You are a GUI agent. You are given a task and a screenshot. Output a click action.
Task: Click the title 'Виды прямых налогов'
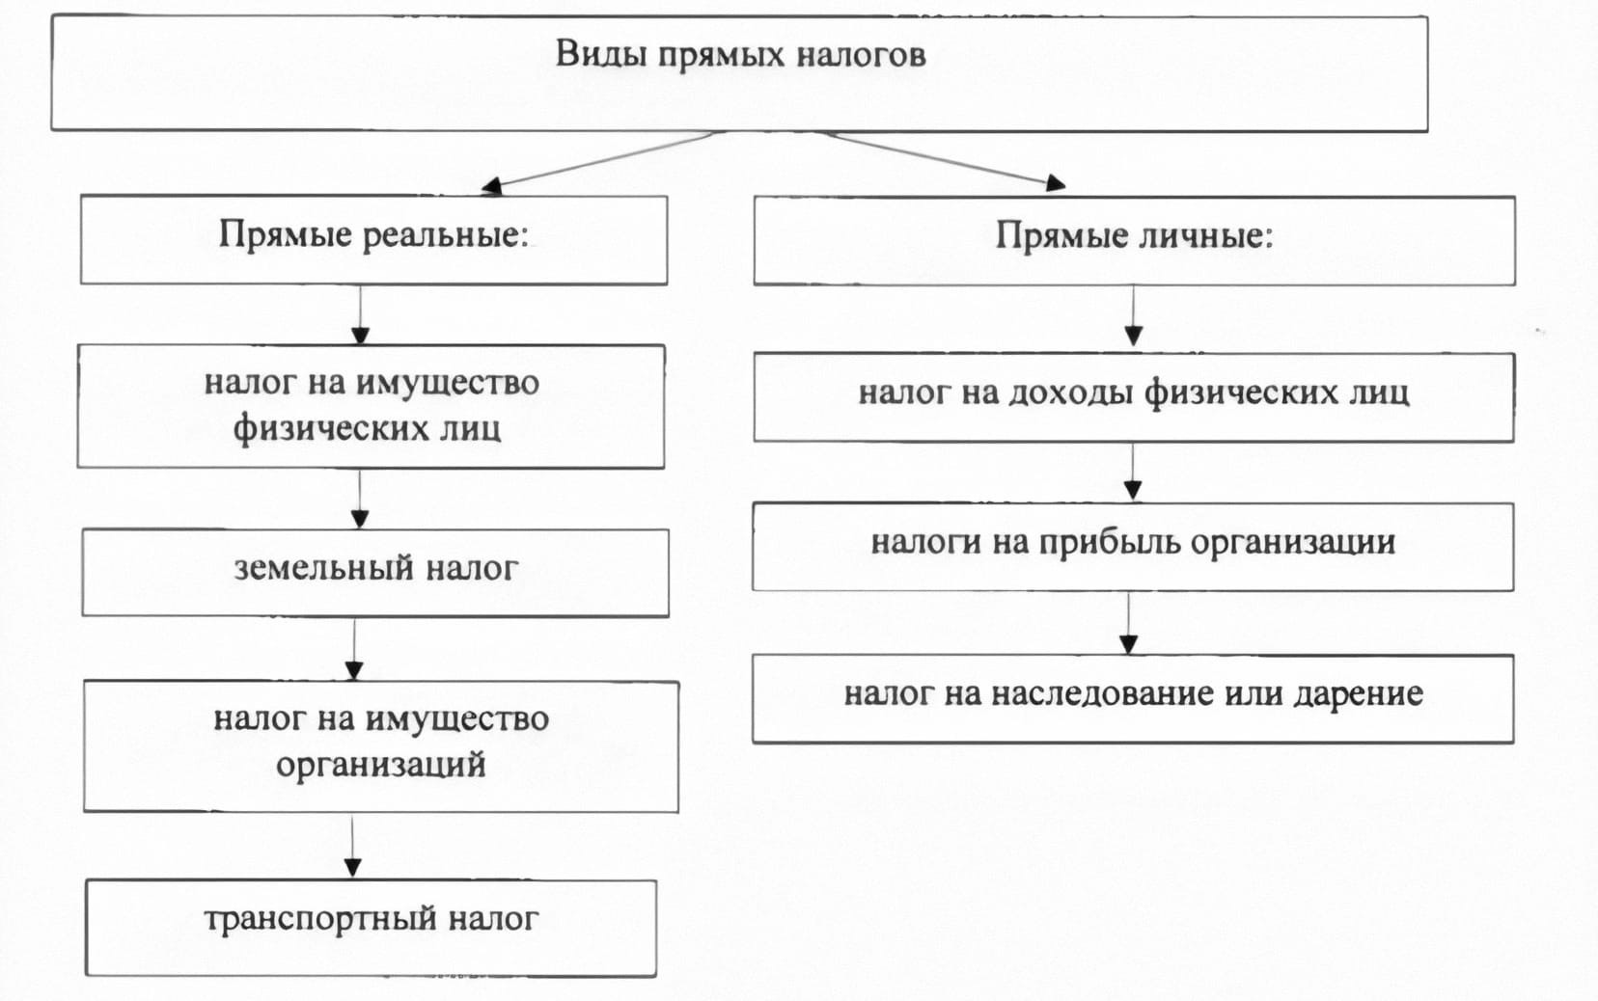coord(740,55)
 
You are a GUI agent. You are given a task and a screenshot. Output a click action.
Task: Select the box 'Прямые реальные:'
coord(373,239)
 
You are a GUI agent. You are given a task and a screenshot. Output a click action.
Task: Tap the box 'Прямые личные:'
coord(1134,239)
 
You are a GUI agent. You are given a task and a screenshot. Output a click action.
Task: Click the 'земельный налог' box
coord(375,572)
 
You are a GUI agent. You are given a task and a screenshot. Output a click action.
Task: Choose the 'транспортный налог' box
coord(371,926)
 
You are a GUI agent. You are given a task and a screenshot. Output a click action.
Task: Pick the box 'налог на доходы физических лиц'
coord(1133,396)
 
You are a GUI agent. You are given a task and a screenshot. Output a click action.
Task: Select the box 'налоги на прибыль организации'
coord(1132,545)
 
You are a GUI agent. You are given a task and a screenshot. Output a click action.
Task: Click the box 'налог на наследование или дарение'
coord(1132,697)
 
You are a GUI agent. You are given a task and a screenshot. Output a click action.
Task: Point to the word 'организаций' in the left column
coord(380,766)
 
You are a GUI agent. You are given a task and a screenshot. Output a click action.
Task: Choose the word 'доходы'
coord(1070,393)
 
